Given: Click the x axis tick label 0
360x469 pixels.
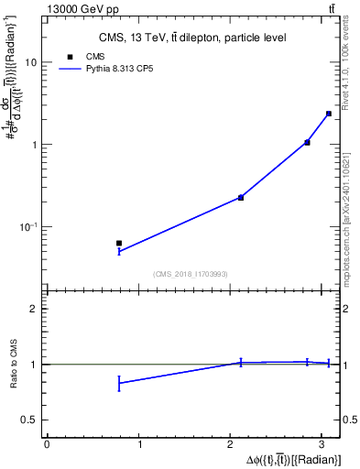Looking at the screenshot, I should (47, 445).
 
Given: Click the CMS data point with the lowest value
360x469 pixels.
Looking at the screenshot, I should (119, 244).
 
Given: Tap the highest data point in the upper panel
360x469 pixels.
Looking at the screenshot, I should (329, 114).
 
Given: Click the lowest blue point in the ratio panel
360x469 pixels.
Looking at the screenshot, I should (119, 383).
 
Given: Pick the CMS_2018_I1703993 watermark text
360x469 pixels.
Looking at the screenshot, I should (191, 273).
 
